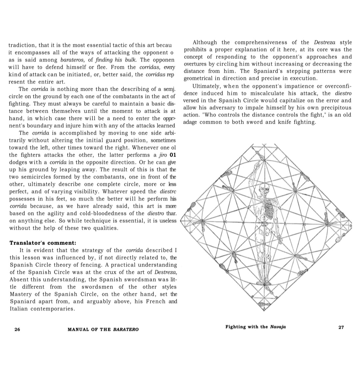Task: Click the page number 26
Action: point(17,329)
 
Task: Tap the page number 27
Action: point(341,327)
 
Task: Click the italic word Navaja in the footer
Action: point(277,327)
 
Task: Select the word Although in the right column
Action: point(205,43)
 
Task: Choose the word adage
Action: point(190,122)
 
